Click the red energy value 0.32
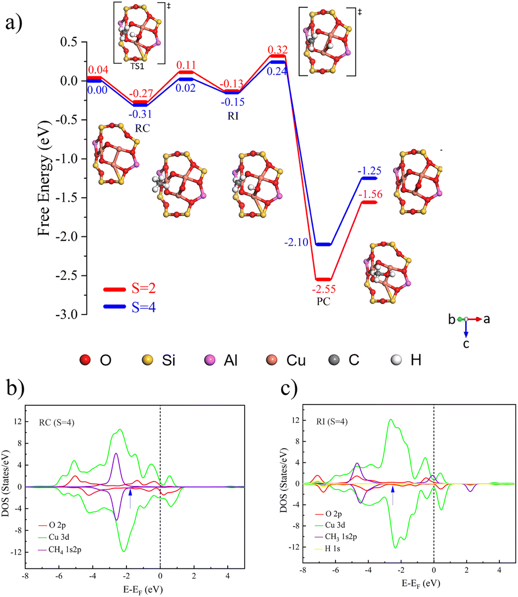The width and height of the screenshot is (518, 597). (x=277, y=50)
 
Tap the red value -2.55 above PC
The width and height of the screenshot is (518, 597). (x=323, y=289)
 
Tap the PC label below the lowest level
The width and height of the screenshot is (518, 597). (x=323, y=302)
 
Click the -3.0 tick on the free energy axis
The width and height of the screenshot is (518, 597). (x=71, y=314)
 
